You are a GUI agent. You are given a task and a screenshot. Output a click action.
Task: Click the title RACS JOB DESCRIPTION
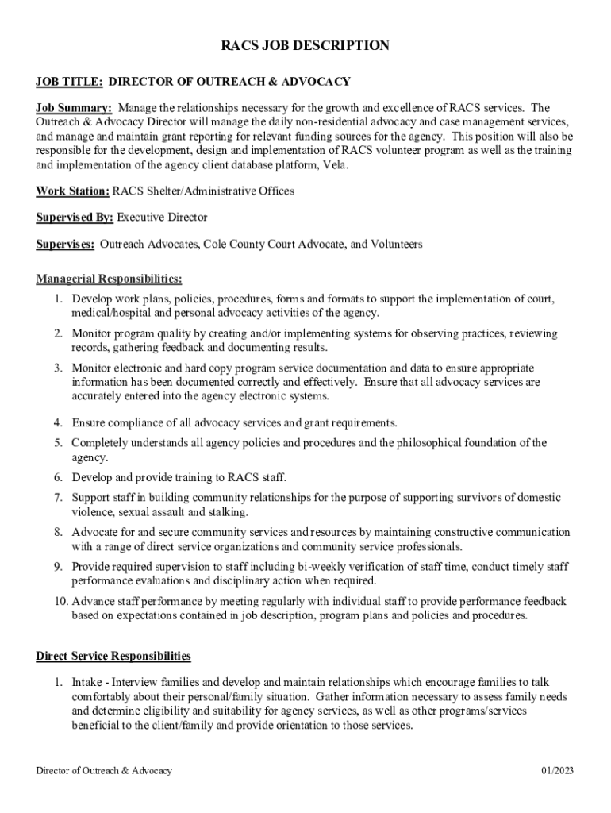[x=305, y=46]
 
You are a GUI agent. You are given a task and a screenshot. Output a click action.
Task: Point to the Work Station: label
[x=72, y=191]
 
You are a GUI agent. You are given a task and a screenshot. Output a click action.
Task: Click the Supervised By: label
[x=75, y=218]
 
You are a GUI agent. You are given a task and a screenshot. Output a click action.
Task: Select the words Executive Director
[x=162, y=218]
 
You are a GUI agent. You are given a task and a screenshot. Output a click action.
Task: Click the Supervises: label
[x=65, y=245]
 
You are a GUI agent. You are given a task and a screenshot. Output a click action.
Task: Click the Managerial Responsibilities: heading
[x=109, y=279]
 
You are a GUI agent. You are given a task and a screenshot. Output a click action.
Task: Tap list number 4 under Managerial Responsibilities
[x=59, y=422]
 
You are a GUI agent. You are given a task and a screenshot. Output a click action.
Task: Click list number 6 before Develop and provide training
[x=59, y=477]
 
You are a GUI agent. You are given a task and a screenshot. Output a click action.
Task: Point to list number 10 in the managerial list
[x=61, y=602]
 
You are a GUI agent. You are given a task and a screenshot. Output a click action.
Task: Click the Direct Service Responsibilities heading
[x=113, y=656]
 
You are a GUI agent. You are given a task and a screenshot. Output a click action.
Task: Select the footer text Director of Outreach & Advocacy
[x=104, y=771]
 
